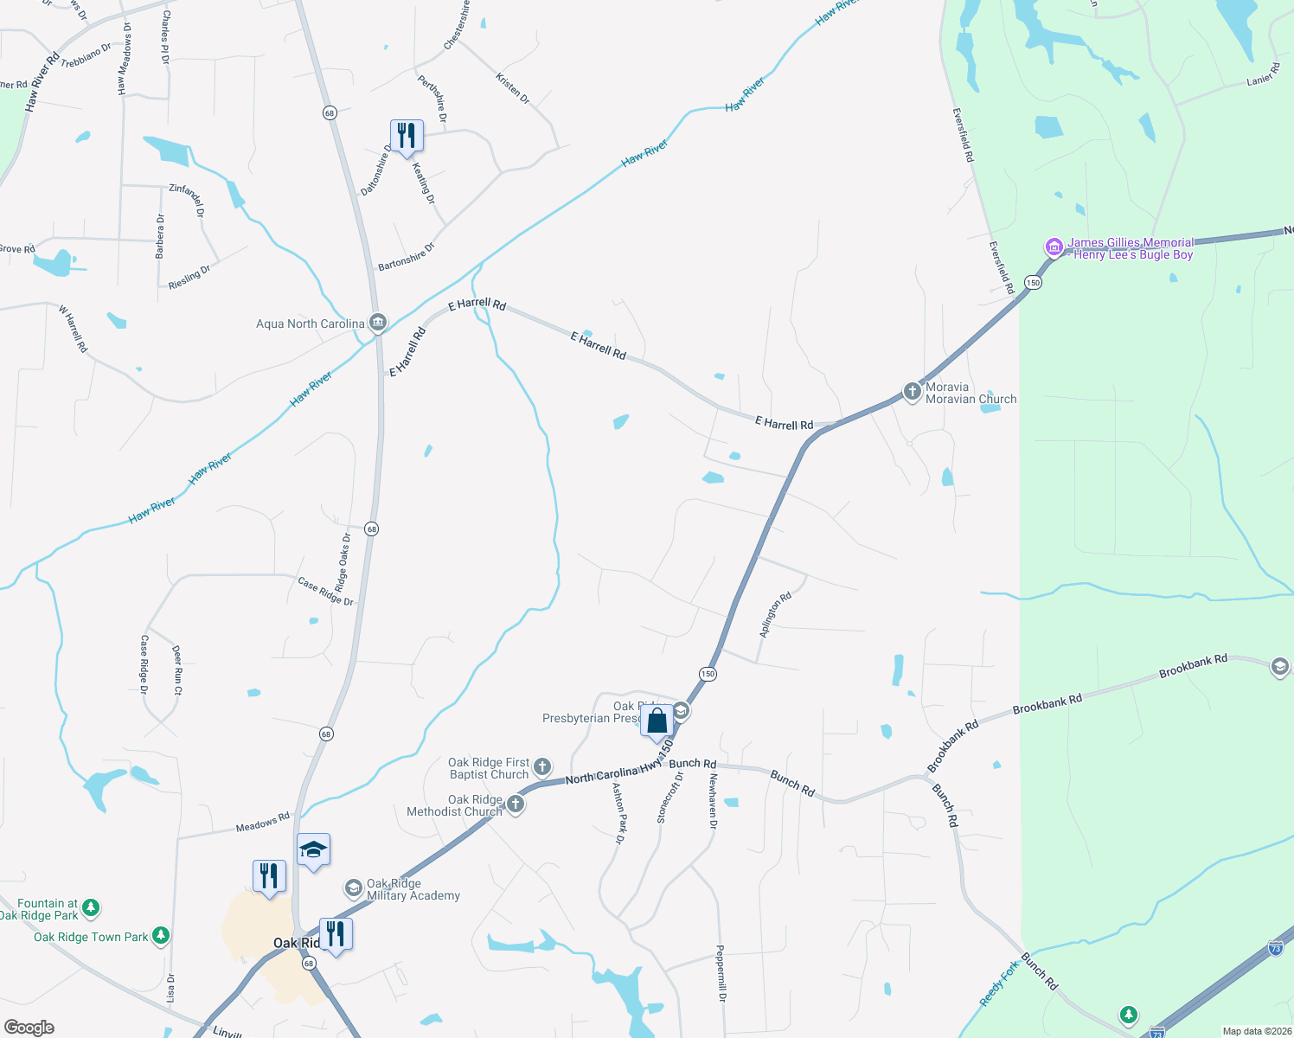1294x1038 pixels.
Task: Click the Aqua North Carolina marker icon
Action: coord(377,324)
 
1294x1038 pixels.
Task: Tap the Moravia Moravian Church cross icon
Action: coord(912,392)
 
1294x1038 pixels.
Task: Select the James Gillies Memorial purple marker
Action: coord(1054,247)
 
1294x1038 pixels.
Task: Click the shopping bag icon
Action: coord(657,721)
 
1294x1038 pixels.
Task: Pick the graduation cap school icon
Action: coord(313,850)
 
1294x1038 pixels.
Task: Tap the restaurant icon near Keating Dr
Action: coord(407,136)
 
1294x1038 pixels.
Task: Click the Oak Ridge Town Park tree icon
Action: coord(160,936)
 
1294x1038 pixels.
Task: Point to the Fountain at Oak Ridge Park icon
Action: coord(91,907)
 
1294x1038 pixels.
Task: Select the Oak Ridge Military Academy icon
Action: coord(353,888)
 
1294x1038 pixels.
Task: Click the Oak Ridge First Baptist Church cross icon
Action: coord(541,766)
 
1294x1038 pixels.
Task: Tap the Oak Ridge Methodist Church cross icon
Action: coord(516,804)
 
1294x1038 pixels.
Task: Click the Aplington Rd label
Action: coord(775,615)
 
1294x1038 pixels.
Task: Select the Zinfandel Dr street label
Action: coord(188,200)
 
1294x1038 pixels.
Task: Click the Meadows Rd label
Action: coord(263,823)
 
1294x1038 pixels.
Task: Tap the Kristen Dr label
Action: coord(513,88)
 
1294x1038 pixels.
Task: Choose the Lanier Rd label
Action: coord(1263,74)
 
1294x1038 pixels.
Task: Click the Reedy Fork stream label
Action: coord(999,984)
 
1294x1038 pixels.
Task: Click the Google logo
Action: coord(29,1028)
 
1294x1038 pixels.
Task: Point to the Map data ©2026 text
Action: coord(1254,1031)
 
